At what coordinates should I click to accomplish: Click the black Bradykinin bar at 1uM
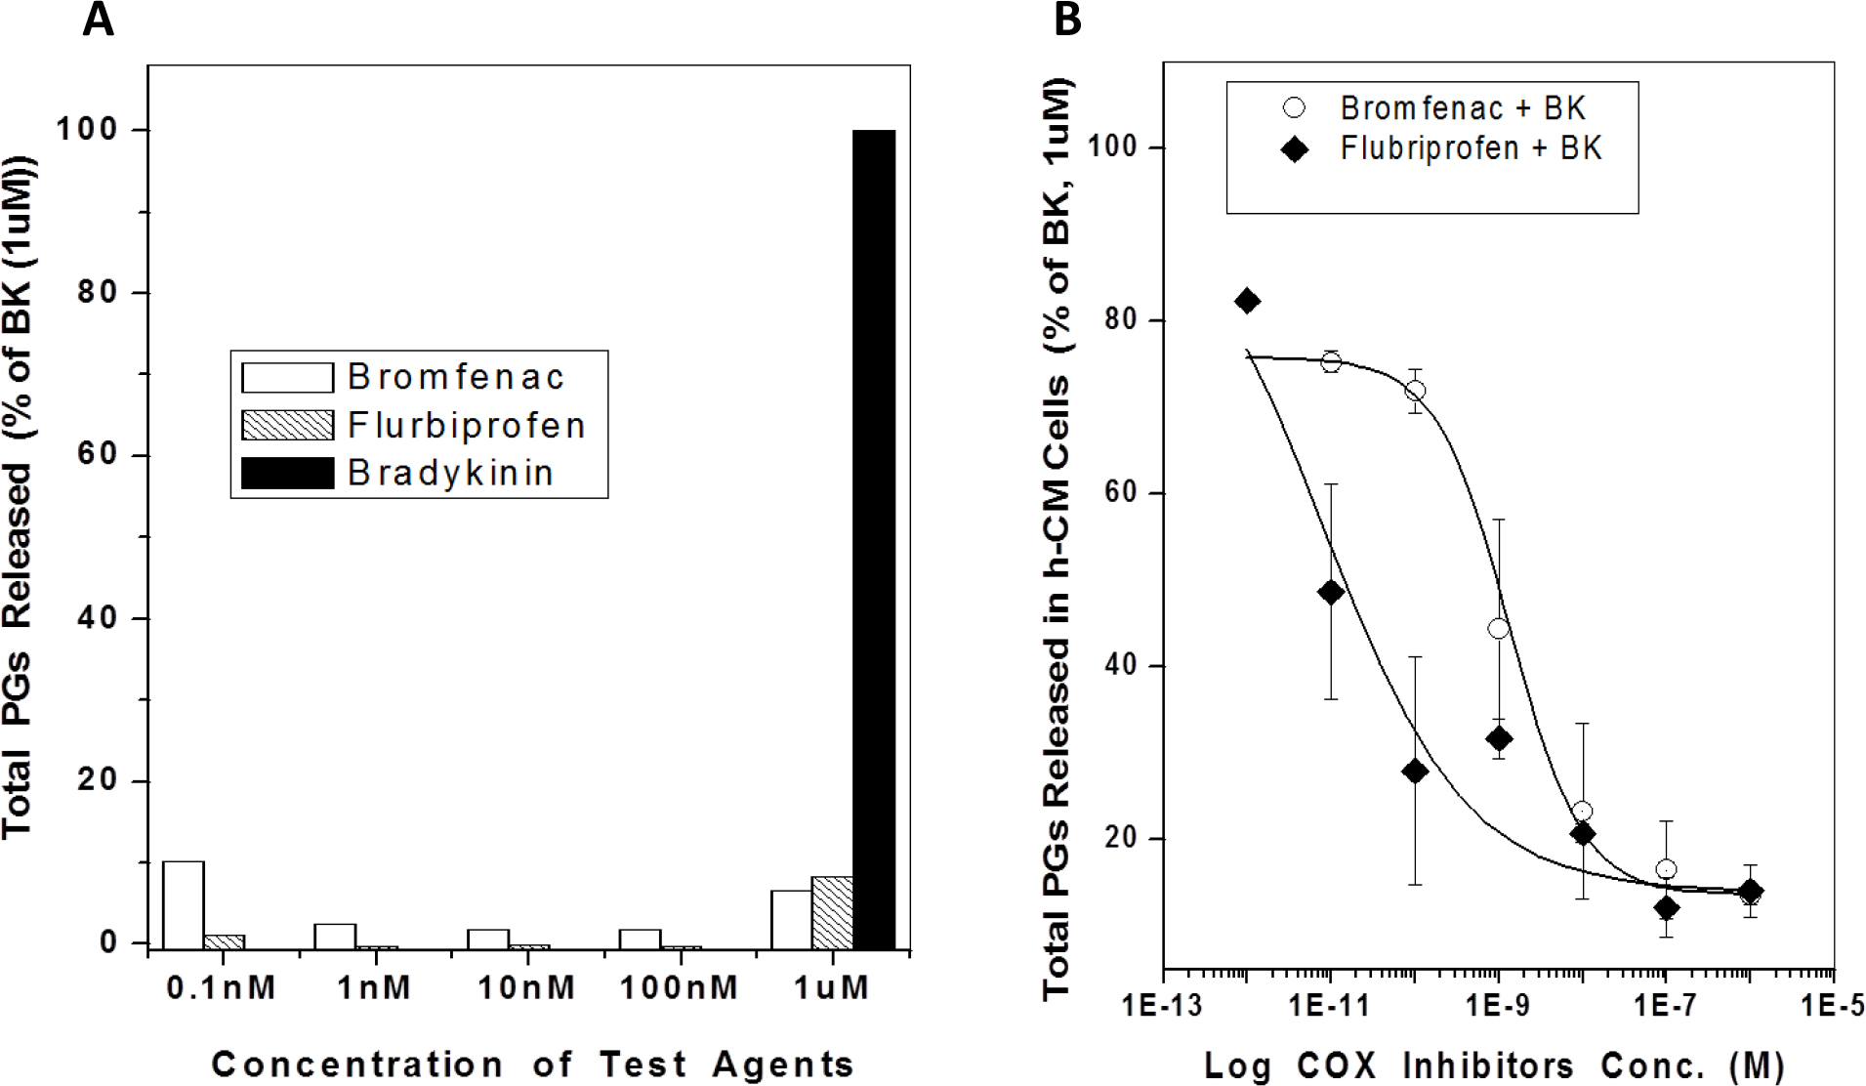[x=874, y=537]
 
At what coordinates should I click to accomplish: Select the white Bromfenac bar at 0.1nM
[x=184, y=904]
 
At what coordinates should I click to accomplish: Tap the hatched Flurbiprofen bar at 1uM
[x=832, y=912]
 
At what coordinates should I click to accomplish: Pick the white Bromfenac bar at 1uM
[x=791, y=918]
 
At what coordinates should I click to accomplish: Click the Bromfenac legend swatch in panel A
[x=288, y=377]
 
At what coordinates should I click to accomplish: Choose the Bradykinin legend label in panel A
[x=450, y=473]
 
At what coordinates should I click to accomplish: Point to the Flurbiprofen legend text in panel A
[x=466, y=425]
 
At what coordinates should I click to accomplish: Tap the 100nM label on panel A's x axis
[x=680, y=987]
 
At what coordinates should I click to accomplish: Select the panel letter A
[x=98, y=20]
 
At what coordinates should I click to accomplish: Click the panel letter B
[x=1068, y=20]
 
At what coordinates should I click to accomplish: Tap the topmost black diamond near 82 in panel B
[x=1247, y=301]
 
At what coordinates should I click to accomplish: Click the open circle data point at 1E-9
[x=1498, y=629]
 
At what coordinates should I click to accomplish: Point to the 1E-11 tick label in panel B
[x=1329, y=1007]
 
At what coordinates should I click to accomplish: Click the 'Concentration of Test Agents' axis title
[x=532, y=1064]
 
